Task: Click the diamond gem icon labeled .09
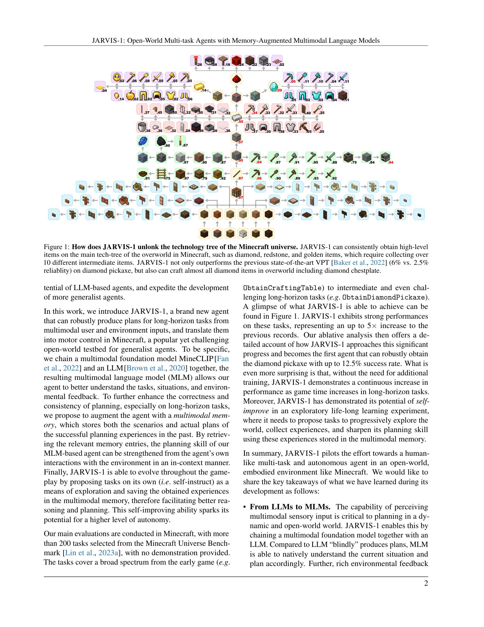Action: point(274,86)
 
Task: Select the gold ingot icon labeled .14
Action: point(199,86)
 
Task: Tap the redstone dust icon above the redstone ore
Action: point(237,79)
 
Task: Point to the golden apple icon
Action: point(130,95)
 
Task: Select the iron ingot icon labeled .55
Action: point(237,117)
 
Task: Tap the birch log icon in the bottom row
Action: point(243,234)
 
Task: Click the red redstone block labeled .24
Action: point(236,61)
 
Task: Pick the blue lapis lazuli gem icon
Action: point(143,141)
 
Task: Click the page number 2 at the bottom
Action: point(426,584)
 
